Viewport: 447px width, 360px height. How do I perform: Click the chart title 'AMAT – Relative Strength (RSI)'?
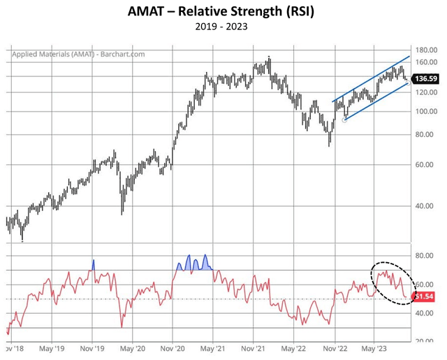pyautogui.click(x=223, y=13)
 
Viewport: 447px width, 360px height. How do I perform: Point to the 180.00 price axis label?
pyautogui.click(x=425, y=50)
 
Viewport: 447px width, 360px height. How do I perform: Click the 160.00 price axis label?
pyautogui.click(x=425, y=63)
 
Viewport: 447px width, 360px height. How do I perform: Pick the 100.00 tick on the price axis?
pyautogui.click(x=425, y=111)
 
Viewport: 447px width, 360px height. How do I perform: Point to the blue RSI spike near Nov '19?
pyautogui.click(x=93, y=265)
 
